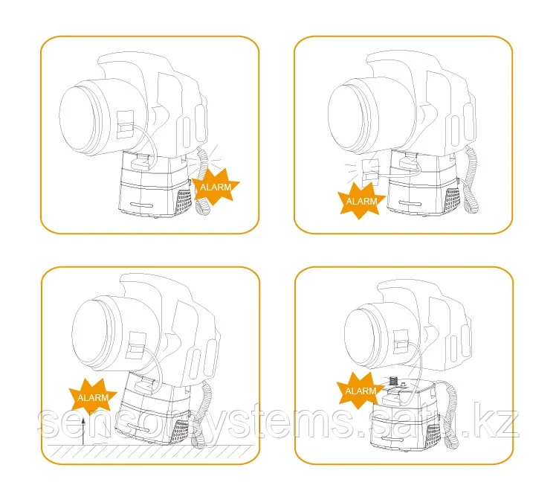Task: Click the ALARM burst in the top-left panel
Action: coord(216,187)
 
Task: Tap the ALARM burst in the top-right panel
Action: coord(361,201)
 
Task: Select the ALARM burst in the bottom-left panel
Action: coord(93,397)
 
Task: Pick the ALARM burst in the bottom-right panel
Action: coord(361,391)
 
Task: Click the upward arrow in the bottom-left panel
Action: coord(83,431)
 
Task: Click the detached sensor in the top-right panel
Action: coord(371,173)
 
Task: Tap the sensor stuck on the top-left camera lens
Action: coord(126,124)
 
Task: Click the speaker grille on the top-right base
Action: coord(452,200)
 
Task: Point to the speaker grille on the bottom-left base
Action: coord(180,431)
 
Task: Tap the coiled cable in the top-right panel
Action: coord(471,179)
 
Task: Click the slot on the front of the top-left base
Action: coord(141,205)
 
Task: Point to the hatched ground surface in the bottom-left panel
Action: coord(151,451)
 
